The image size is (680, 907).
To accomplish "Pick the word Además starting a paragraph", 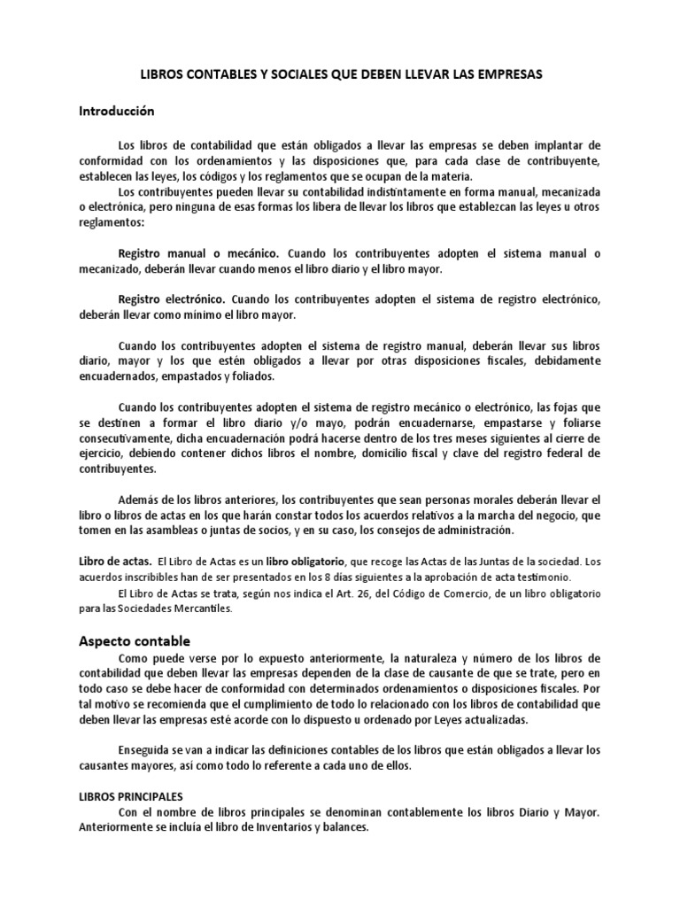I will click(x=139, y=500).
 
